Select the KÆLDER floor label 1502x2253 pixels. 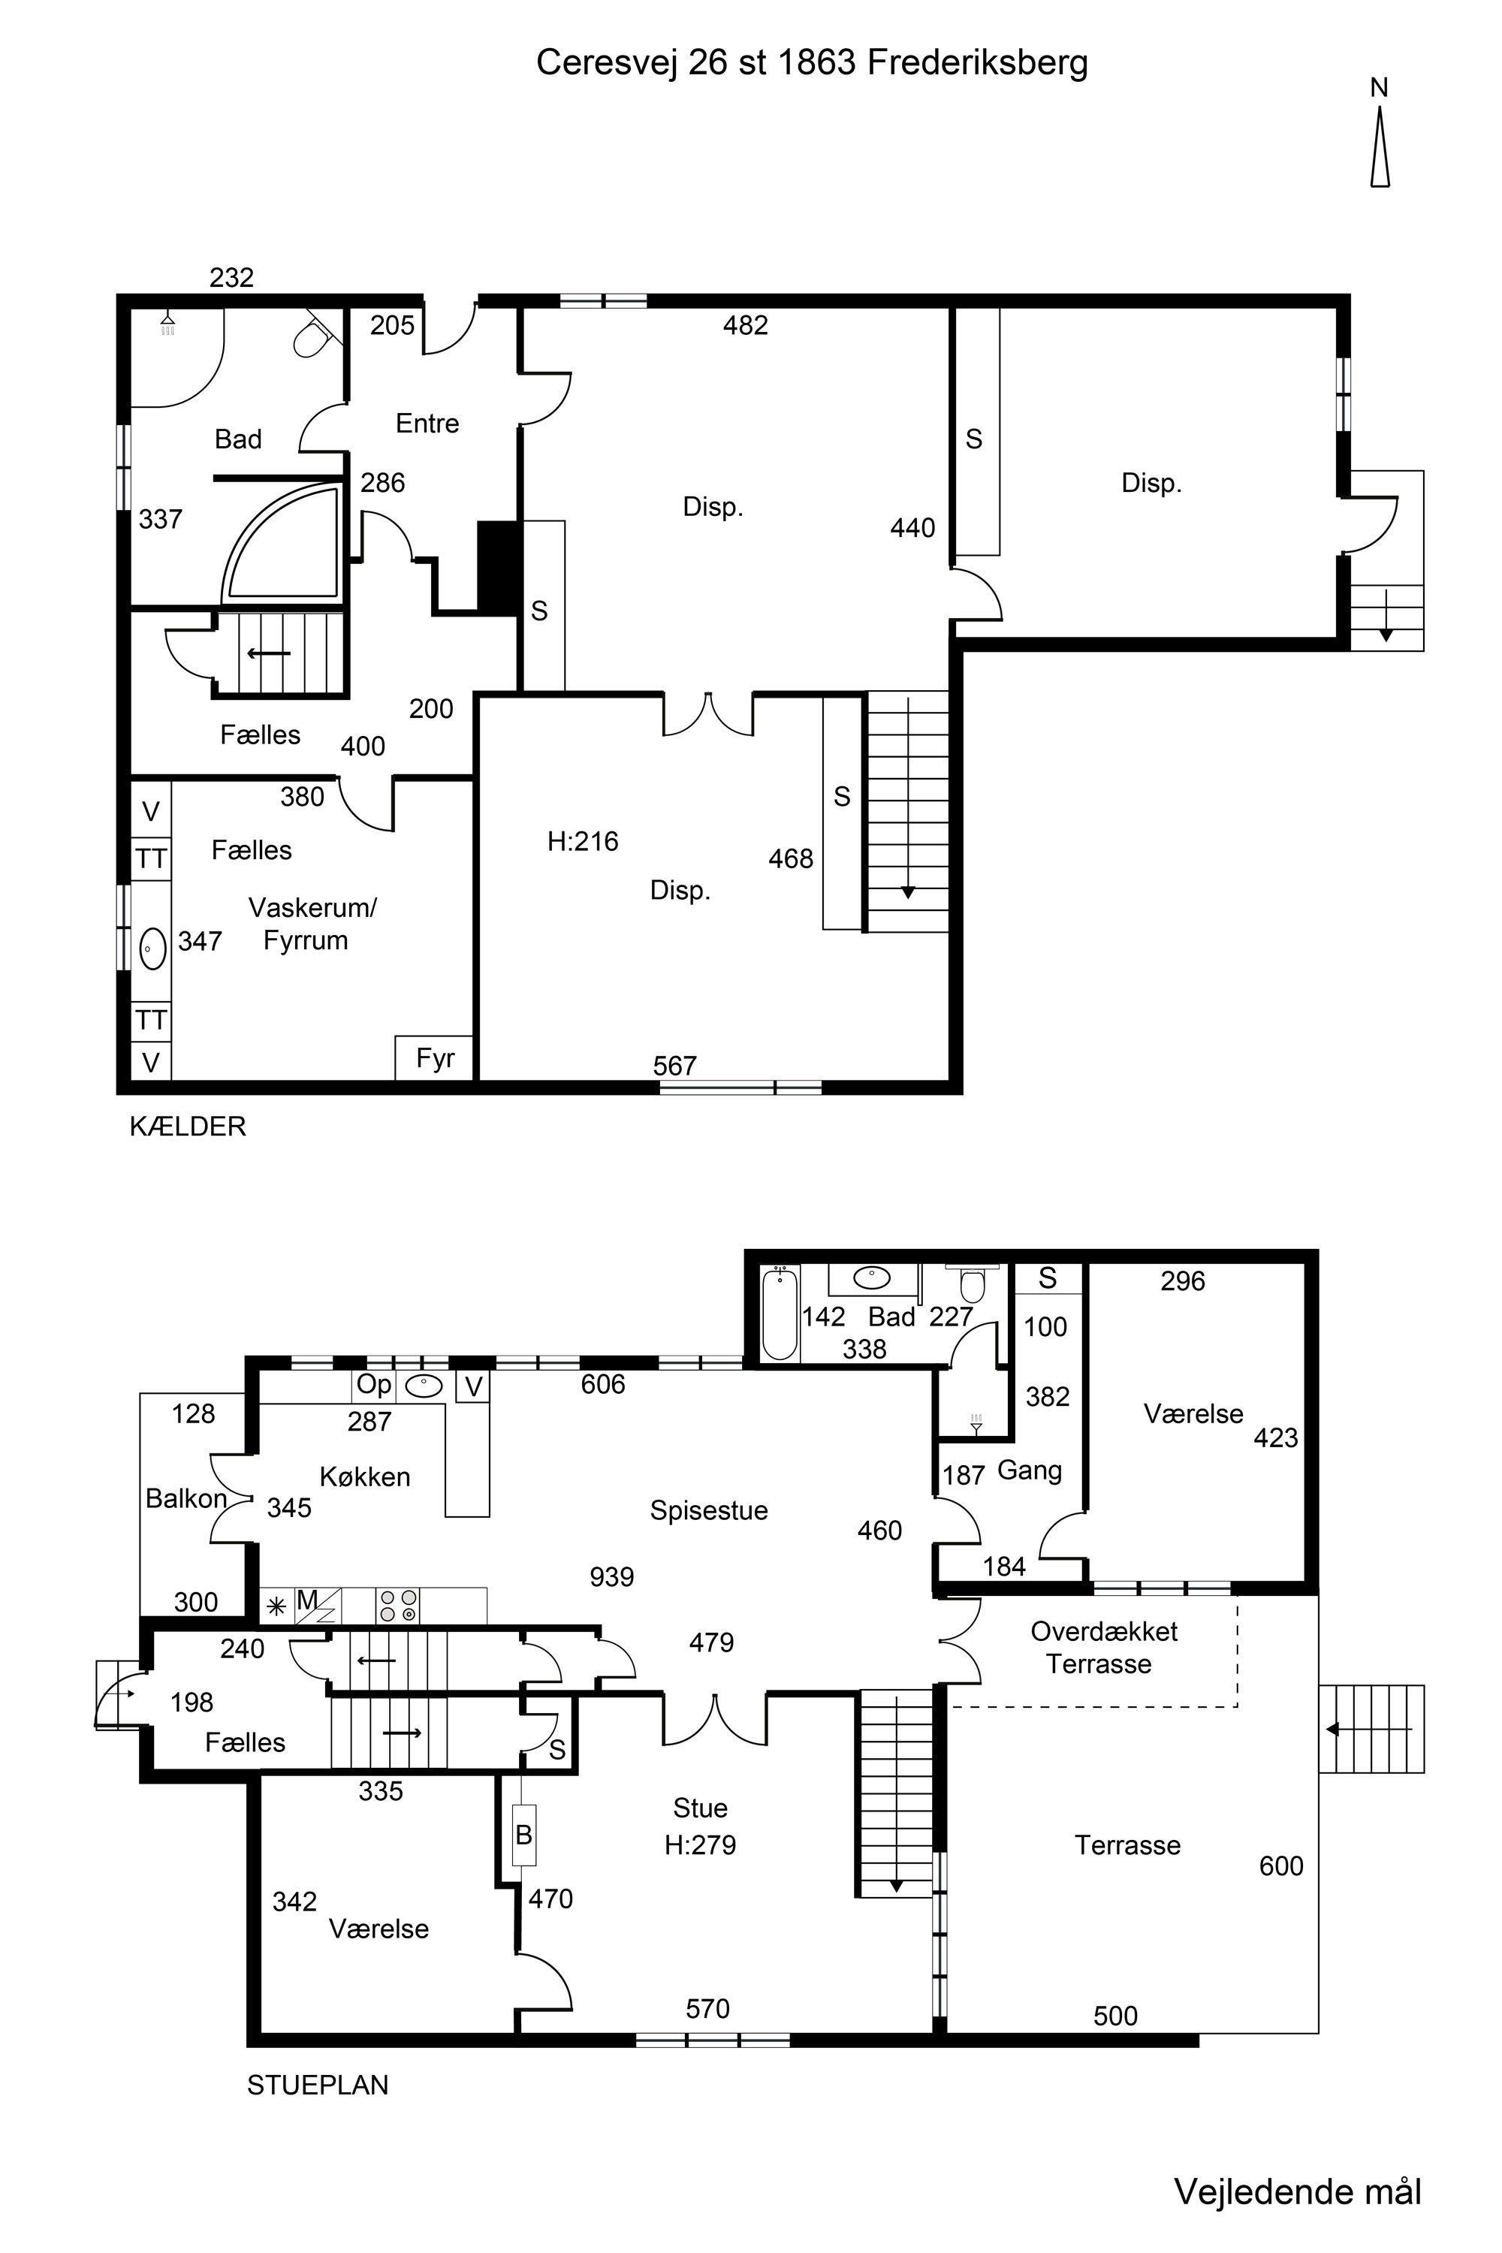[188, 1126]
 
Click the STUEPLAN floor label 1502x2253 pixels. [318, 2085]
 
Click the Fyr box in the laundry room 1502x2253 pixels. [434, 1057]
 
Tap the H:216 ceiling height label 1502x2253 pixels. [583, 841]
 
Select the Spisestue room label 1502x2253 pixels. [709, 1510]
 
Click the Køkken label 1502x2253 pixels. [365, 1476]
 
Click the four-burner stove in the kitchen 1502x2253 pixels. [397, 1606]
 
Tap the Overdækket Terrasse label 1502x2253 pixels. [1102, 1647]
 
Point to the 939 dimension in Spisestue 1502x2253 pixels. [612, 1576]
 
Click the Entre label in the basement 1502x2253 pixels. [427, 424]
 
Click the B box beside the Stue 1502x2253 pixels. [524, 1835]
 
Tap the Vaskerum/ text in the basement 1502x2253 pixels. [313, 908]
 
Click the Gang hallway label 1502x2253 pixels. [1030, 1470]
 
